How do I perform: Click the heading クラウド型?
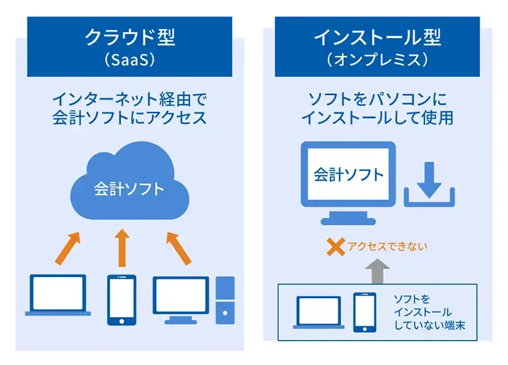tap(130, 37)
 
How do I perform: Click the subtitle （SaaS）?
tap(130, 59)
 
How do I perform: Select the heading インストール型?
tap(377, 37)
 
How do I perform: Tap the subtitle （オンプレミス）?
tap(377, 59)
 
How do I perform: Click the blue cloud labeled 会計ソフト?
tap(130, 186)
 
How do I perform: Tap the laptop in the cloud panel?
tap(59, 295)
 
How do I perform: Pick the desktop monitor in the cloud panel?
tap(181, 298)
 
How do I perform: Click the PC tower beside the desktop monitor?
tap(226, 299)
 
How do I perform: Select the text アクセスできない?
tap(388, 246)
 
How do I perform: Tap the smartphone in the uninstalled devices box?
tap(364, 312)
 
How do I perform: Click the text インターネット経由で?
tap(130, 100)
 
